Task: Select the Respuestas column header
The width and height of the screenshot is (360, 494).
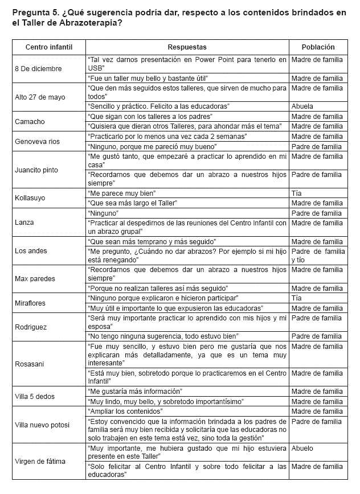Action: [x=187, y=47]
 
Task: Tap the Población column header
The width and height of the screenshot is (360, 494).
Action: [x=318, y=47]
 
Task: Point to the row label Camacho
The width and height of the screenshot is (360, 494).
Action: [x=30, y=121]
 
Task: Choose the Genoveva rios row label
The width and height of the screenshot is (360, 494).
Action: [x=37, y=141]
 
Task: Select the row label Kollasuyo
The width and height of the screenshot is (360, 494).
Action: [x=31, y=198]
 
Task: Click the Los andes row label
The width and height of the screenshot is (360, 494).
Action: [x=31, y=251]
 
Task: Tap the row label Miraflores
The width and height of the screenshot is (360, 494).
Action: [x=30, y=303]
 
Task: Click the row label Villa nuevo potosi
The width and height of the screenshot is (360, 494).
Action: [x=43, y=425]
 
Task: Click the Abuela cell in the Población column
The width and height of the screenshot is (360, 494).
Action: [x=302, y=106]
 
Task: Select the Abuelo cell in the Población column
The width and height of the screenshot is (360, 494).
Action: [x=302, y=448]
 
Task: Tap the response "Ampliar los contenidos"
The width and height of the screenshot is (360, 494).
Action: [x=125, y=411]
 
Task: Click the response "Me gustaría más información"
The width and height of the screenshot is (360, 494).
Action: [x=136, y=391]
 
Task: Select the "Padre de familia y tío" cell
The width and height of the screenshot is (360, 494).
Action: [x=318, y=255]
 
